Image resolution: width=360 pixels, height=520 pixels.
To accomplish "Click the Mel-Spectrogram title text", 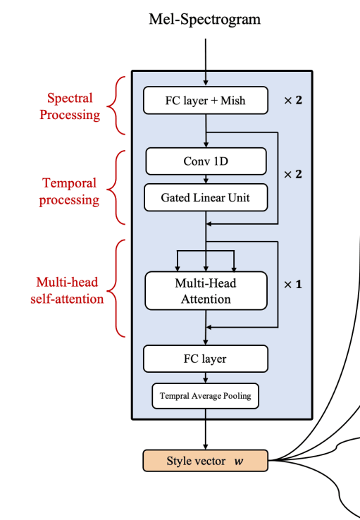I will coord(204,19).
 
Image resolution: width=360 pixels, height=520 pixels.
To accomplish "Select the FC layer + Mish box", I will coord(206,101).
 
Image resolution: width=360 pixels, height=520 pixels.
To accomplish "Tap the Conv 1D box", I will coord(206,161).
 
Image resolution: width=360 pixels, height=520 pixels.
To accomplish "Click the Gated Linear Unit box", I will coord(206,198).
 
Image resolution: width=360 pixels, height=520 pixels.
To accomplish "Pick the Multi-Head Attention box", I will coord(206,291).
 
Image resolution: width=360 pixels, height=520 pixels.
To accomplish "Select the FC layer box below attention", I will coord(206,359).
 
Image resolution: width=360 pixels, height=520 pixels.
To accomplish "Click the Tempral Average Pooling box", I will coord(206,396).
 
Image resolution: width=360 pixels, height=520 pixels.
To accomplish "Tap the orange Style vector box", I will coord(206,461).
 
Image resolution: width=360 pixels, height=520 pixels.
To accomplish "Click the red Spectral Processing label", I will coord(70,106).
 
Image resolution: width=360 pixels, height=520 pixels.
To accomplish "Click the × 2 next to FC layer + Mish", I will coord(292,101).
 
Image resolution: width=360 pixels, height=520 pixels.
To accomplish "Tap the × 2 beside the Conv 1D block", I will coord(292,173).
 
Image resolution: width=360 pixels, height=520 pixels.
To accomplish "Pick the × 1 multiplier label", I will coord(292,285).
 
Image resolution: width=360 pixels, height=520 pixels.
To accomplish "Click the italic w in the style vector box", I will coord(239,462).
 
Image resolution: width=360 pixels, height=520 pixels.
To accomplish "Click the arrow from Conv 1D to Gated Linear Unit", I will coord(206,180).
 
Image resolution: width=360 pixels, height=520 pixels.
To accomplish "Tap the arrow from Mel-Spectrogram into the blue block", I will coord(206,56).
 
